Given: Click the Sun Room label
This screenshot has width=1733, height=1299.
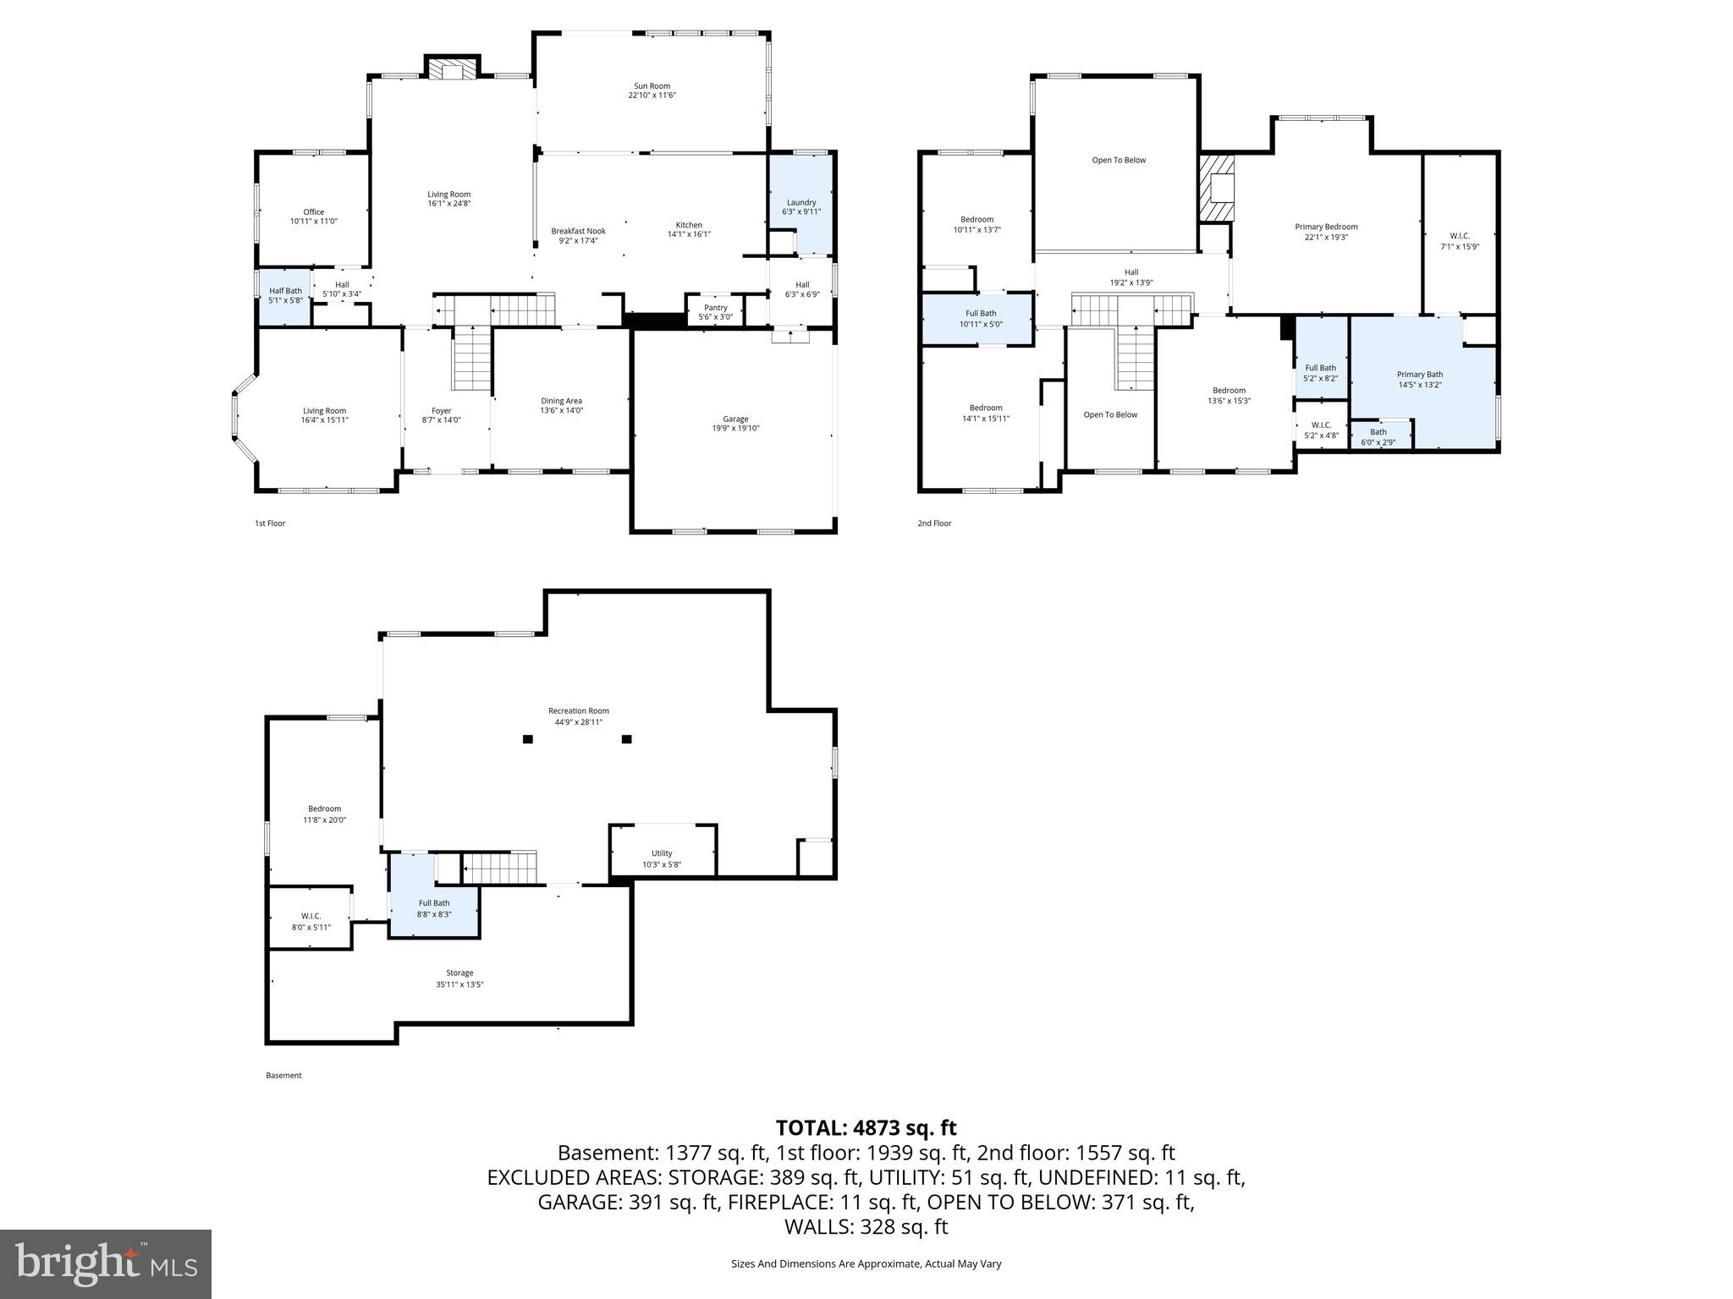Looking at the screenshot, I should (652, 86).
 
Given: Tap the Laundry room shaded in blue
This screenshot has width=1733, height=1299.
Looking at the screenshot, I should (800, 206).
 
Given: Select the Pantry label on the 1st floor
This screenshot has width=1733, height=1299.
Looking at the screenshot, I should (715, 308).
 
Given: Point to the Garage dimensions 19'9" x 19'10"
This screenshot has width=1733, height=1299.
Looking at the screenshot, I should (735, 429).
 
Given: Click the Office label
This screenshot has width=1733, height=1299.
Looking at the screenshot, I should (313, 212).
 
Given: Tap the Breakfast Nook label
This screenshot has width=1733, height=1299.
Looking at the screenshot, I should (578, 231).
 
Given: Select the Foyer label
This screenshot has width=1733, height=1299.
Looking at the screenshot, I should (441, 411).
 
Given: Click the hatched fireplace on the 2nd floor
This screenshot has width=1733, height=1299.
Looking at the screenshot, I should (1216, 188).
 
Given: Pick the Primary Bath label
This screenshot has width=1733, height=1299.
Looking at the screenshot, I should (1419, 375).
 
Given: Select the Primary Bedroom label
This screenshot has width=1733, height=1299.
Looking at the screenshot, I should (1326, 227).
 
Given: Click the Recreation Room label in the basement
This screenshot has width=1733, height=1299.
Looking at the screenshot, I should (578, 711).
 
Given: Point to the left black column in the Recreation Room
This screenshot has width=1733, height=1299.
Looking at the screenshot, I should (528, 739).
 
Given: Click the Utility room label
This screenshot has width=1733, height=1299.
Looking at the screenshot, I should (662, 853).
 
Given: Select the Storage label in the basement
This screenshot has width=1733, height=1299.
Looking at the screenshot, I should (459, 973).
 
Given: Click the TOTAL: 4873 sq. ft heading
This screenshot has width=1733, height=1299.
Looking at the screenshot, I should (866, 1127).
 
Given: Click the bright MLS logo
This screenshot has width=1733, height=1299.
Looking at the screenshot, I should (106, 1263).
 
